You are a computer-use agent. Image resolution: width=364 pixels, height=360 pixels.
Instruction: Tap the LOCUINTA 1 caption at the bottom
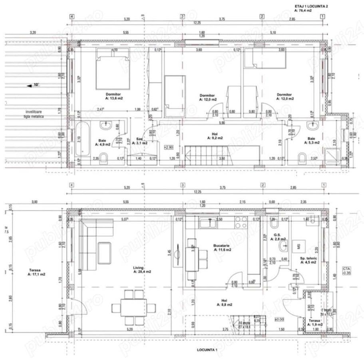point(207,350)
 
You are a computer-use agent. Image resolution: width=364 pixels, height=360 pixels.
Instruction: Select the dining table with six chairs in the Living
point(133,307)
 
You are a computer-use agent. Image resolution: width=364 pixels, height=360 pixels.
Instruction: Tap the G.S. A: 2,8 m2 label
point(278,237)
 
